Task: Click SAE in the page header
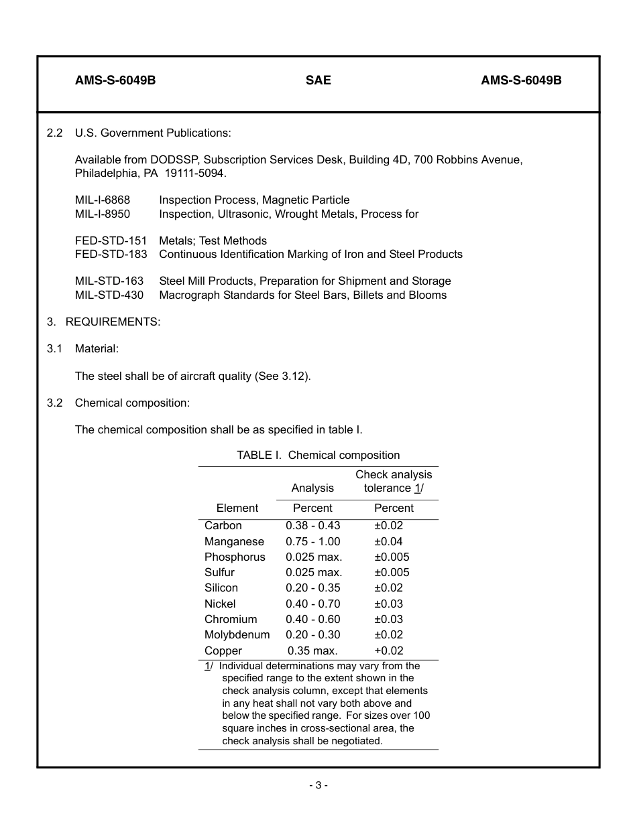tap(318, 80)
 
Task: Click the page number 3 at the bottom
tap(318, 785)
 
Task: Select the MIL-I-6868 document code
tap(103, 200)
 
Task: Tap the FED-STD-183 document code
tap(111, 255)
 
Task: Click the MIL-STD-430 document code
tap(109, 295)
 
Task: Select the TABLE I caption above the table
tap(318, 456)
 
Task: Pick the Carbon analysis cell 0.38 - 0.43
tap(312, 526)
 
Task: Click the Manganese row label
tap(234, 541)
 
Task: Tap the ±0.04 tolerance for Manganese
tap(388, 541)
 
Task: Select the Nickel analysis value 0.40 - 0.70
tap(312, 604)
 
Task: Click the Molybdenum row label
tap(237, 634)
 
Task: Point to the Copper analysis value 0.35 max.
tap(312, 650)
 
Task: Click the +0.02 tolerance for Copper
tap(388, 650)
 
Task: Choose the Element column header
tap(237, 508)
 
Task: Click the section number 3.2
tap(54, 403)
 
